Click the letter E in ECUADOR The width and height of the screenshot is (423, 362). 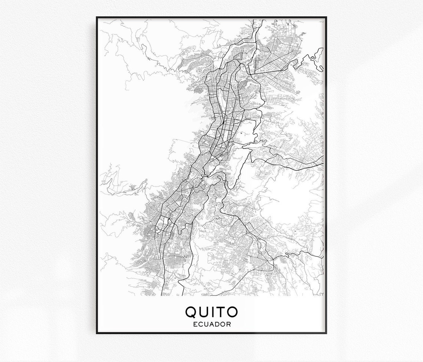click(195, 324)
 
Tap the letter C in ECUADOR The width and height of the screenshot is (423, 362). click(200, 324)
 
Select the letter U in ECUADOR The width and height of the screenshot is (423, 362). click(206, 324)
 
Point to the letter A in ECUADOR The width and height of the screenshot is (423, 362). click(212, 324)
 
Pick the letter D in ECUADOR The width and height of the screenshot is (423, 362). click(217, 324)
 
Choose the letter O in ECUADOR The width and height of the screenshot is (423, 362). click(223, 324)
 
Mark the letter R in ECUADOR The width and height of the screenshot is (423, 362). click(229, 324)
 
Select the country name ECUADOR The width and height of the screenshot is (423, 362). click(212, 324)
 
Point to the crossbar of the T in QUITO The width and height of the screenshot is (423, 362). click(222, 307)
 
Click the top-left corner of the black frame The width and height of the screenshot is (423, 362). click(97, 17)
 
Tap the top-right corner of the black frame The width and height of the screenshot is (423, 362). click(326, 17)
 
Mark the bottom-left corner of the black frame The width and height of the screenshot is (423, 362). click(97, 333)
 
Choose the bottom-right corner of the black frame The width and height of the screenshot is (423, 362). click(326, 333)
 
